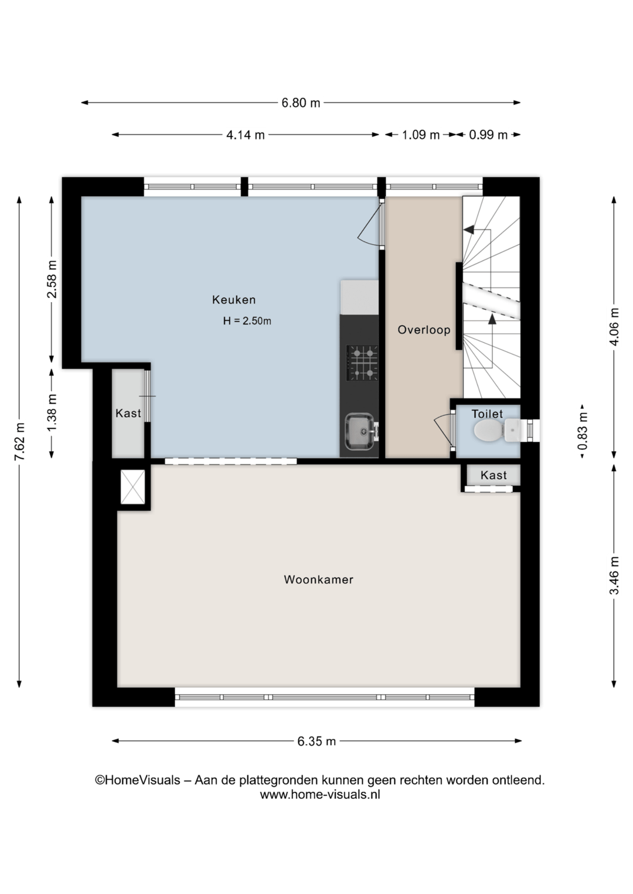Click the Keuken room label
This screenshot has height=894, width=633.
[234, 300]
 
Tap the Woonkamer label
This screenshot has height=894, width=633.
[319, 579]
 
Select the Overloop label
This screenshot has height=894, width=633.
[424, 330]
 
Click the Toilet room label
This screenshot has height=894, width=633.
[487, 414]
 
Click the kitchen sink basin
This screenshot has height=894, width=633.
[360, 431]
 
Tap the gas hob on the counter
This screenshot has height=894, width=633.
[362, 363]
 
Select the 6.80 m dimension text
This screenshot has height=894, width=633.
[301, 103]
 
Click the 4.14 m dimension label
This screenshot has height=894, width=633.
[246, 135]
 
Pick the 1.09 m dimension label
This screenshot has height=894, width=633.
[421, 135]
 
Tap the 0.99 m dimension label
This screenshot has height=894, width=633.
[488, 135]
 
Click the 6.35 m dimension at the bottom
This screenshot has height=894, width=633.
[316, 741]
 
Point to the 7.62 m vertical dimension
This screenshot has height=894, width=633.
[20, 441]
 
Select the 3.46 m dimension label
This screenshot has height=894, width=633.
[614, 575]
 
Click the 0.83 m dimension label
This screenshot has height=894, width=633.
[583, 431]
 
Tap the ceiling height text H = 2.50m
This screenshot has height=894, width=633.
[247, 321]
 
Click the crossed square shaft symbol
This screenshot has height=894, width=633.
[132, 487]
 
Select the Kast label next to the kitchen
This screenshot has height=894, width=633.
[128, 413]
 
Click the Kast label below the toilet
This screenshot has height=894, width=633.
[494, 475]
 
